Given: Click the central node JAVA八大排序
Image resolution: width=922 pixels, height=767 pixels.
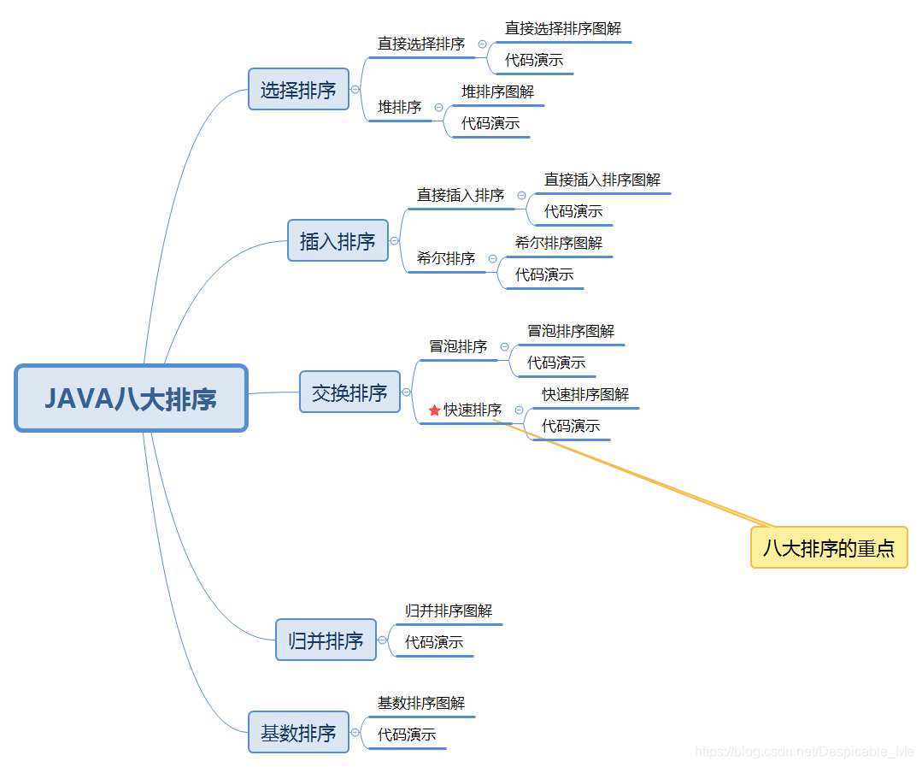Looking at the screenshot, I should pyautogui.click(x=131, y=398).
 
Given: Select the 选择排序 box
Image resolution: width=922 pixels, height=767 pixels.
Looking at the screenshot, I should pyautogui.click(x=298, y=89).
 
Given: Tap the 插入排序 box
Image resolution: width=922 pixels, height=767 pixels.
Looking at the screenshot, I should pyautogui.click(x=338, y=241).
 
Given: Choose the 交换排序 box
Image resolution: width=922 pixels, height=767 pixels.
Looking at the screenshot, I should pyautogui.click(x=349, y=392).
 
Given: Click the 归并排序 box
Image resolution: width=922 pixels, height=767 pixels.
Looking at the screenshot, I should pyautogui.click(x=326, y=640).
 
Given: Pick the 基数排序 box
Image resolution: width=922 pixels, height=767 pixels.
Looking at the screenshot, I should pyautogui.click(x=298, y=732).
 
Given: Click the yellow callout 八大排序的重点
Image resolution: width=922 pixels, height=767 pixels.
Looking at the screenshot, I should pyautogui.click(x=828, y=547).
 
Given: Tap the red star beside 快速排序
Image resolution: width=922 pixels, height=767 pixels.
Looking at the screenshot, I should pyautogui.click(x=434, y=410).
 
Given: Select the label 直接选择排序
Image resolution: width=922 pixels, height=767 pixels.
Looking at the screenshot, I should pyautogui.click(x=421, y=44).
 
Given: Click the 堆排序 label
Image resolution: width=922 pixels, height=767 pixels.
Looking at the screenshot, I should pyautogui.click(x=400, y=107).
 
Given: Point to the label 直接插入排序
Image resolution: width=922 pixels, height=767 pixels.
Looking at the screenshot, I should pyautogui.click(x=461, y=195).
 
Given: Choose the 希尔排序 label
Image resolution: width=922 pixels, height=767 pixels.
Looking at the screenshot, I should pyautogui.click(x=446, y=258).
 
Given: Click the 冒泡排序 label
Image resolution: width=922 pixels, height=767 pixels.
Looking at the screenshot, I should pyautogui.click(x=458, y=346).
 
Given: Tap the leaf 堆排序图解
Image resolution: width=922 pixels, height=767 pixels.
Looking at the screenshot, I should pyautogui.click(x=497, y=91).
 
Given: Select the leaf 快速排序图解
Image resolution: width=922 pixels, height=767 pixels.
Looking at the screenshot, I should pyautogui.click(x=585, y=394).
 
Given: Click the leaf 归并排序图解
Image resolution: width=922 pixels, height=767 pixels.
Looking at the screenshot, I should pyautogui.click(x=449, y=611).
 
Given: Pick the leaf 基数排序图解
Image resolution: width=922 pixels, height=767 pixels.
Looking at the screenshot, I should pyautogui.click(x=421, y=703).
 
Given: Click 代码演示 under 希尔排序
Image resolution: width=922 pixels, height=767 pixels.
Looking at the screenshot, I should pyautogui.click(x=544, y=274).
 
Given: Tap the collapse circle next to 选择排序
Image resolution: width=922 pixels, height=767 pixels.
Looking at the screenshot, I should pyautogui.click(x=355, y=89).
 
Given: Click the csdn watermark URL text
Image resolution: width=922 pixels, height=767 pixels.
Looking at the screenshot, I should pyautogui.click(x=804, y=752).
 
